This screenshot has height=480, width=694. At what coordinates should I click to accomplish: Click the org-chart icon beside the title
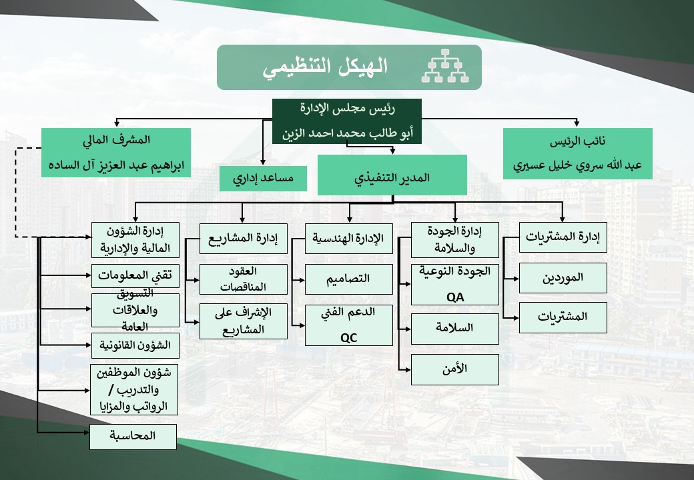(x=446, y=67)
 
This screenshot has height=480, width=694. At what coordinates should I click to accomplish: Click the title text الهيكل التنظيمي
(x=324, y=67)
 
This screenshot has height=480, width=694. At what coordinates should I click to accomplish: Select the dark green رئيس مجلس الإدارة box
(x=346, y=121)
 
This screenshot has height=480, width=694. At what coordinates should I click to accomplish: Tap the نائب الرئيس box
(x=578, y=153)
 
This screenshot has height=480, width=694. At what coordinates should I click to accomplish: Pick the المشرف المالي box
(x=116, y=152)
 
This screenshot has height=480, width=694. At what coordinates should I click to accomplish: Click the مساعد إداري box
(x=263, y=179)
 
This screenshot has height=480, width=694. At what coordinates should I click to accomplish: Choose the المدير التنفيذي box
(x=390, y=175)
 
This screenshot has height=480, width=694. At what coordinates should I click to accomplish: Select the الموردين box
(x=563, y=277)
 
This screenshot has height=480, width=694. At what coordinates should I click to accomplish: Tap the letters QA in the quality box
(x=455, y=297)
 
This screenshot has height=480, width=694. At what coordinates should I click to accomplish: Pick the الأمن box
(x=455, y=369)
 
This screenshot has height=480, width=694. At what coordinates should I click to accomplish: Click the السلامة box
(x=455, y=329)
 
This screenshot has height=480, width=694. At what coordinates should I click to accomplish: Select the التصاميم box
(x=349, y=279)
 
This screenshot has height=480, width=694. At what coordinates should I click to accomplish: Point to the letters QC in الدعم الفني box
(x=349, y=337)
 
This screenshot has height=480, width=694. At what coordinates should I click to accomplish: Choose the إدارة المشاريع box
(x=244, y=238)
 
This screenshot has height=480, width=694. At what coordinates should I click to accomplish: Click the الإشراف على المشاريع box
(x=244, y=321)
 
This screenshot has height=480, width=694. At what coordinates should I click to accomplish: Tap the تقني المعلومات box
(x=135, y=275)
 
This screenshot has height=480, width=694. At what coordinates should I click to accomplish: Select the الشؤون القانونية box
(x=135, y=345)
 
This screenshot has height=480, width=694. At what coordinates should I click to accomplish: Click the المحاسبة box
(x=133, y=437)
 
